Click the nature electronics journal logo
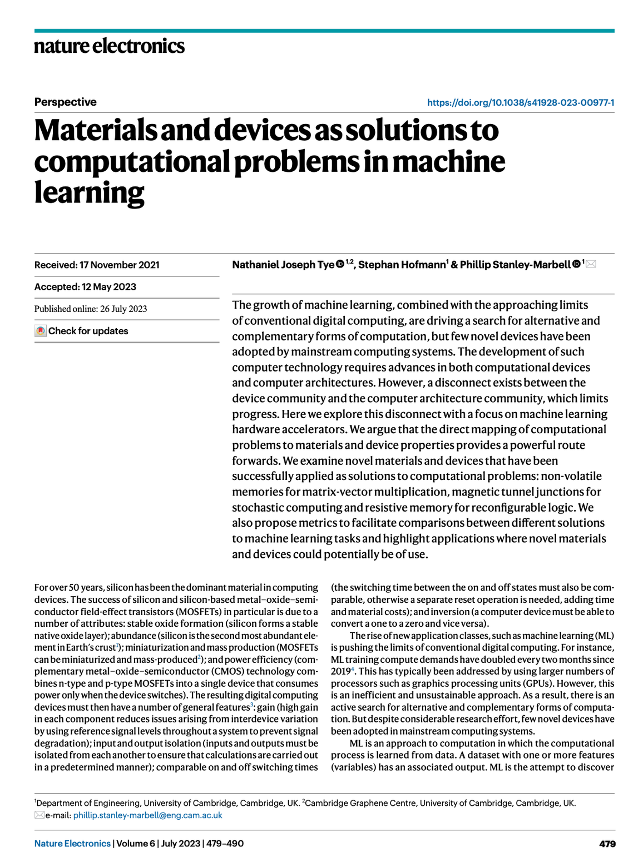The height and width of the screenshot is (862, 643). coord(109,46)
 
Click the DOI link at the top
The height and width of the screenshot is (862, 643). coord(520,102)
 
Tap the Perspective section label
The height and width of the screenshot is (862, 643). coord(65,102)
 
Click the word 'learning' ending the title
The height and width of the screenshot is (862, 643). coord(89,193)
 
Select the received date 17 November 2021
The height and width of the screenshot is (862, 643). coord(119,265)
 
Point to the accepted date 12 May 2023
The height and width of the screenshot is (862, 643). coord(109,286)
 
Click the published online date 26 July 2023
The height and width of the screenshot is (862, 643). coord(123,309)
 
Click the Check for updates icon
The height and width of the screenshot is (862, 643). coord(40,331)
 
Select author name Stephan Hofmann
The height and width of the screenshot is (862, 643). coord(402,265)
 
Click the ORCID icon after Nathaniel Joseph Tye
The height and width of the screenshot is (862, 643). coord(339,264)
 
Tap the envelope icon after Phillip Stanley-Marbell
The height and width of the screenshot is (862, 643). coord(591,264)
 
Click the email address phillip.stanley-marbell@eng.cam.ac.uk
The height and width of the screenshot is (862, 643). coord(147,815)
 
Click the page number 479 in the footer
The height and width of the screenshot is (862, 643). coord(607,844)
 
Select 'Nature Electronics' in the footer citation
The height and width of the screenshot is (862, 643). coord(72,844)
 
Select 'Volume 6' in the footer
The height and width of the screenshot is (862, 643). coord(136,844)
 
